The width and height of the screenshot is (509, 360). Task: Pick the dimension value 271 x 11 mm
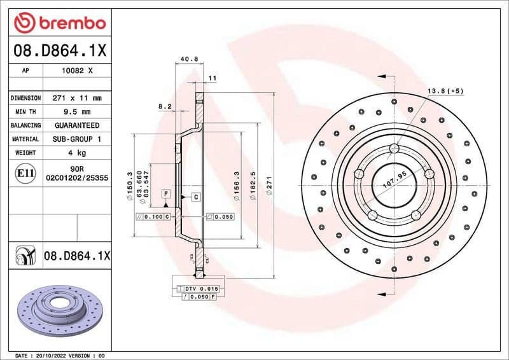click(76, 99)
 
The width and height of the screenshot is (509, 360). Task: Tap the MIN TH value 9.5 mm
click(76, 112)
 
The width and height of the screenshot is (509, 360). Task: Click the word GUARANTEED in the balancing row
click(76, 125)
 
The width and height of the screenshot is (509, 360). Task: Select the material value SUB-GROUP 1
click(76, 139)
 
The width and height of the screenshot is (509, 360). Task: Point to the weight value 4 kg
click(76, 153)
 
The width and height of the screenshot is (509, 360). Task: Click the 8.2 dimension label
click(164, 107)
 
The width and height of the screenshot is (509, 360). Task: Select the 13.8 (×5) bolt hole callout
click(445, 91)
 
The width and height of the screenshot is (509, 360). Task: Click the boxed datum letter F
click(165, 193)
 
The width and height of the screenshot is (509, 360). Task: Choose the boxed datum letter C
click(196, 197)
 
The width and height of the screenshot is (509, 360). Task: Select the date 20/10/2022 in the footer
click(53, 356)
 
